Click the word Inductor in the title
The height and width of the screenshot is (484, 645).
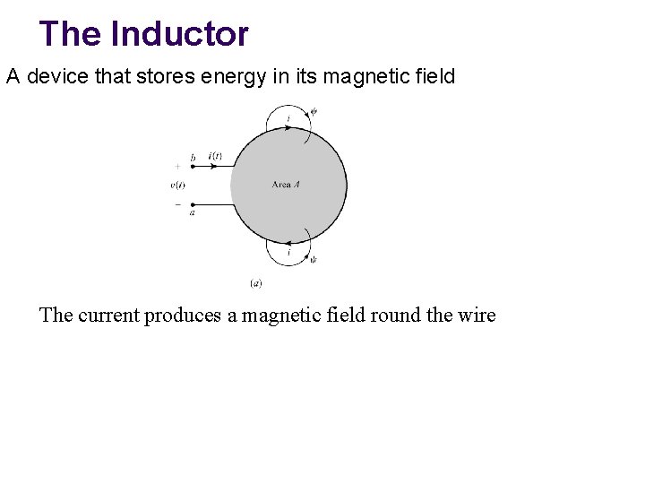pos(179,34)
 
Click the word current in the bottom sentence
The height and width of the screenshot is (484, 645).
pos(112,315)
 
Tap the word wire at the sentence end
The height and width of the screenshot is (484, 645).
pos(474,315)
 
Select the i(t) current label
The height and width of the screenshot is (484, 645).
pos(215,155)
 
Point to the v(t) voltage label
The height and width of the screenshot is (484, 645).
pos(177,185)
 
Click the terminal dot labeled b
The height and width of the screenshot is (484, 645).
pos(193,166)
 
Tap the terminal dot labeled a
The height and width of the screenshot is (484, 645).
pos(193,204)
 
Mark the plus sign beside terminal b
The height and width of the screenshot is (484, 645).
pos(177,166)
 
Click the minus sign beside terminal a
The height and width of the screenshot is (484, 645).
pos(177,203)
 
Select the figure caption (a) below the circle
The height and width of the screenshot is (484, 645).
pos(255,283)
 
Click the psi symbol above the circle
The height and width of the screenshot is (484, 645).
pos(314,112)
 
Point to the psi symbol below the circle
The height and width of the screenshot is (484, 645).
pos(313,260)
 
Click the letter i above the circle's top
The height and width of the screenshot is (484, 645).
pos(288,118)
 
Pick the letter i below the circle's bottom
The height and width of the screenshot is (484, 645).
pos(288,253)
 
